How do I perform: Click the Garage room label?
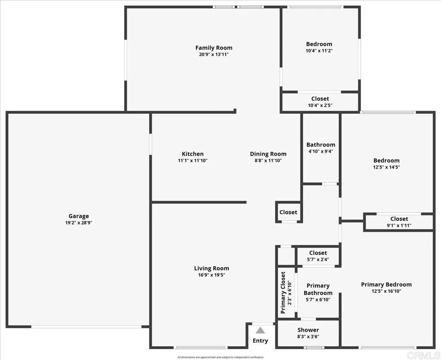click(x=78, y=216)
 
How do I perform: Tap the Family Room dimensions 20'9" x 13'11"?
click(x=214, y=55)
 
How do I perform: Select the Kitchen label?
click(x=193, y=154)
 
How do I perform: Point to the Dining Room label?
click(x=268, y=154)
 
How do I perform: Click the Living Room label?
click(x=211, y=268)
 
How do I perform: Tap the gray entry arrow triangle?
click(x=260, y=331)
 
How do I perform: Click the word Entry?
click(x=260, y=341)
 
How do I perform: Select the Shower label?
click(x=308, y=330)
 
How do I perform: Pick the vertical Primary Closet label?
click(x=283, y=292)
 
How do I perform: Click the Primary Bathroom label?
click(x=318, y=289)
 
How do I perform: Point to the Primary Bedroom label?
click(x=386, y=285)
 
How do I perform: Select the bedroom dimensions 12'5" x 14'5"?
click(x=386, y=167)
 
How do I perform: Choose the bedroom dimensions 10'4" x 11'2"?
click(x=319, y=50)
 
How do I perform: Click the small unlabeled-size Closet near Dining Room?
click(x=288, y=212)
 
